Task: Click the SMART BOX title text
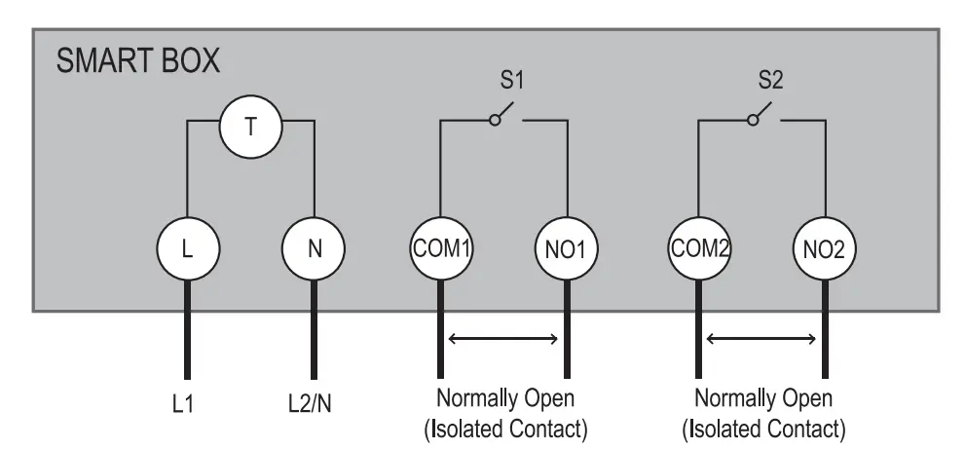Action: pyautogui.click(x=137, y=62)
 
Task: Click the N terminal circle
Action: pyautogui.click(x=314, y=248)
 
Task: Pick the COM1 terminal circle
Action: pyautogui.click(x=440, y=248)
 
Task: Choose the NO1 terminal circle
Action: pyautogui.click(x=566, y=248)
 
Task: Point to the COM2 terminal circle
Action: pyautogui.click(x=698, y=248)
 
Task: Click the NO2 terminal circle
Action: pyautogui.click(x=825, y=248)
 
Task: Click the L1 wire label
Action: pyautogui.click(x=185, y=400)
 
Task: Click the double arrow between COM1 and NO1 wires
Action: pyautogui.click(x=503, y=340)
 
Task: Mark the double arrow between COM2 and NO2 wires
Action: pyautogui.click(x=761, y=340)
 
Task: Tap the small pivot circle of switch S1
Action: pyautogui.click(x=495, y=120)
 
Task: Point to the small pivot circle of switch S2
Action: pyautogui.click(x=753, y=120)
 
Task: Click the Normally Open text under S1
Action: pyautogui.click(x=504, y=400)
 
